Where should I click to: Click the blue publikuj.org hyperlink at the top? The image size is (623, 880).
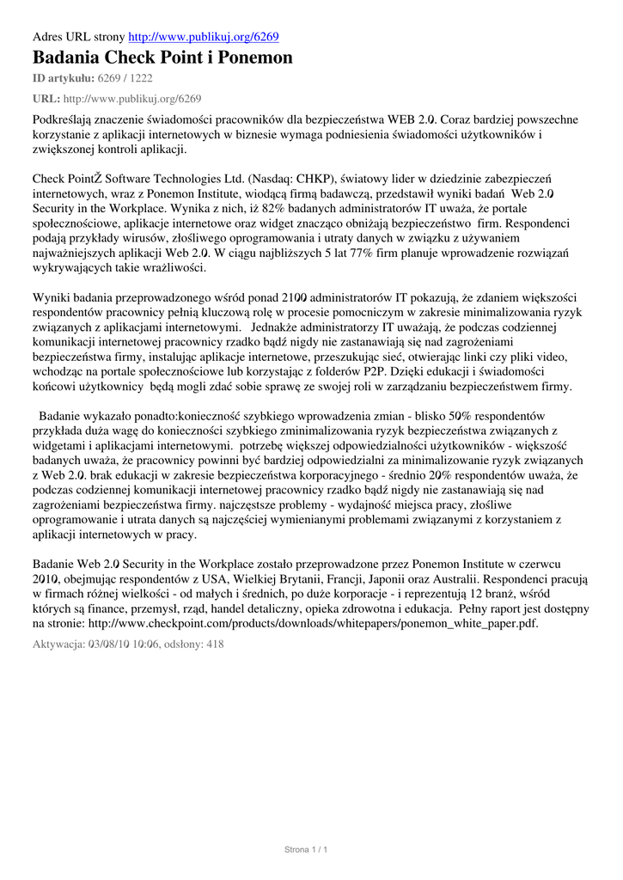click(204, 37)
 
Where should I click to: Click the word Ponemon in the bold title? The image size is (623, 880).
click(255, 58)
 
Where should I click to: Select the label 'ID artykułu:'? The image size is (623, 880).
click(63, 79)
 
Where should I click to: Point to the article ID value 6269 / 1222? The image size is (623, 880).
click(125, 79)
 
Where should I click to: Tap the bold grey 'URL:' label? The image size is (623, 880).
click(46, 99)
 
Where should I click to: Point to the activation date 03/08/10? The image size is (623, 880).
click(109, 644)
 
